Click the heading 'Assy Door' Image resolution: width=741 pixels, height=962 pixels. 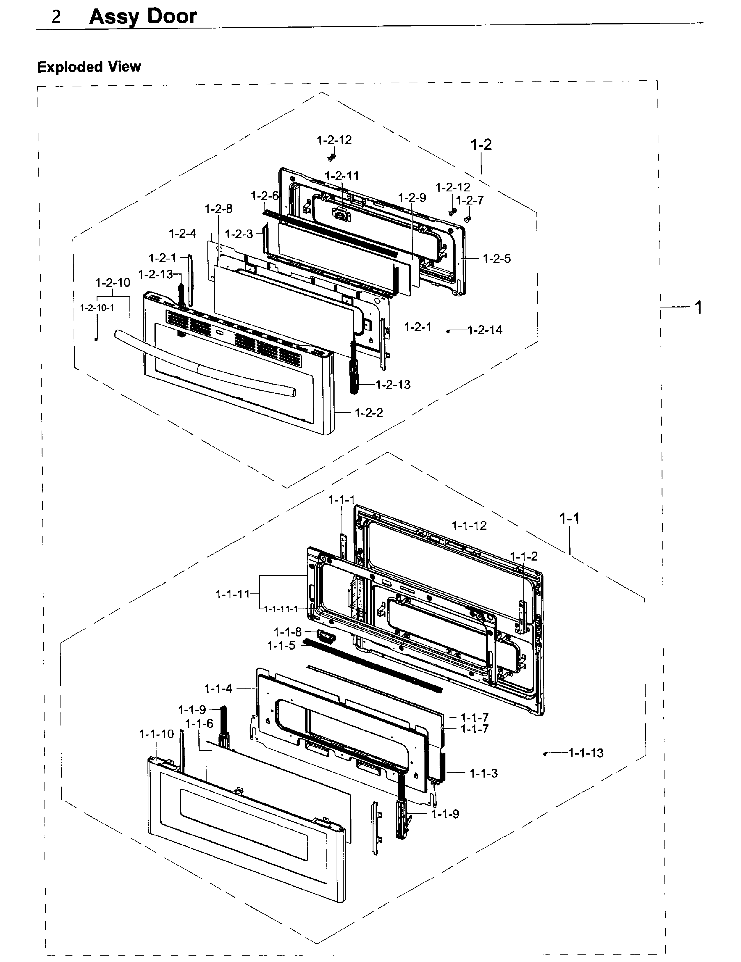(143, 17)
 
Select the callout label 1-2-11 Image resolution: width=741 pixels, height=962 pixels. (342, 176)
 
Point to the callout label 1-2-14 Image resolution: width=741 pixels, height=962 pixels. (485, 330)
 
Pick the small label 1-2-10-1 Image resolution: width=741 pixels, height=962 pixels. (97, 308)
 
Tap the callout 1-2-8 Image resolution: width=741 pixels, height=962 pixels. (218, 209)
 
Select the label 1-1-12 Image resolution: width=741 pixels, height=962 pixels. (469, 525)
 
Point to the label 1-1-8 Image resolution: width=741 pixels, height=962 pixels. (288, 632)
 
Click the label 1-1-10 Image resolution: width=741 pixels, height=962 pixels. (157, 734)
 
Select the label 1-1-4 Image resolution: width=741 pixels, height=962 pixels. (218, 689)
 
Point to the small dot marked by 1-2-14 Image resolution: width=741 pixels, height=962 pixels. (448, 331)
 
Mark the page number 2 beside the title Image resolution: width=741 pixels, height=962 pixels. (56, 17)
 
